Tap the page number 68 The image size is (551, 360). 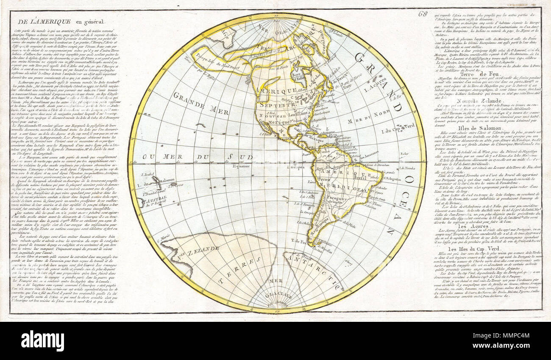coord(423,13)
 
